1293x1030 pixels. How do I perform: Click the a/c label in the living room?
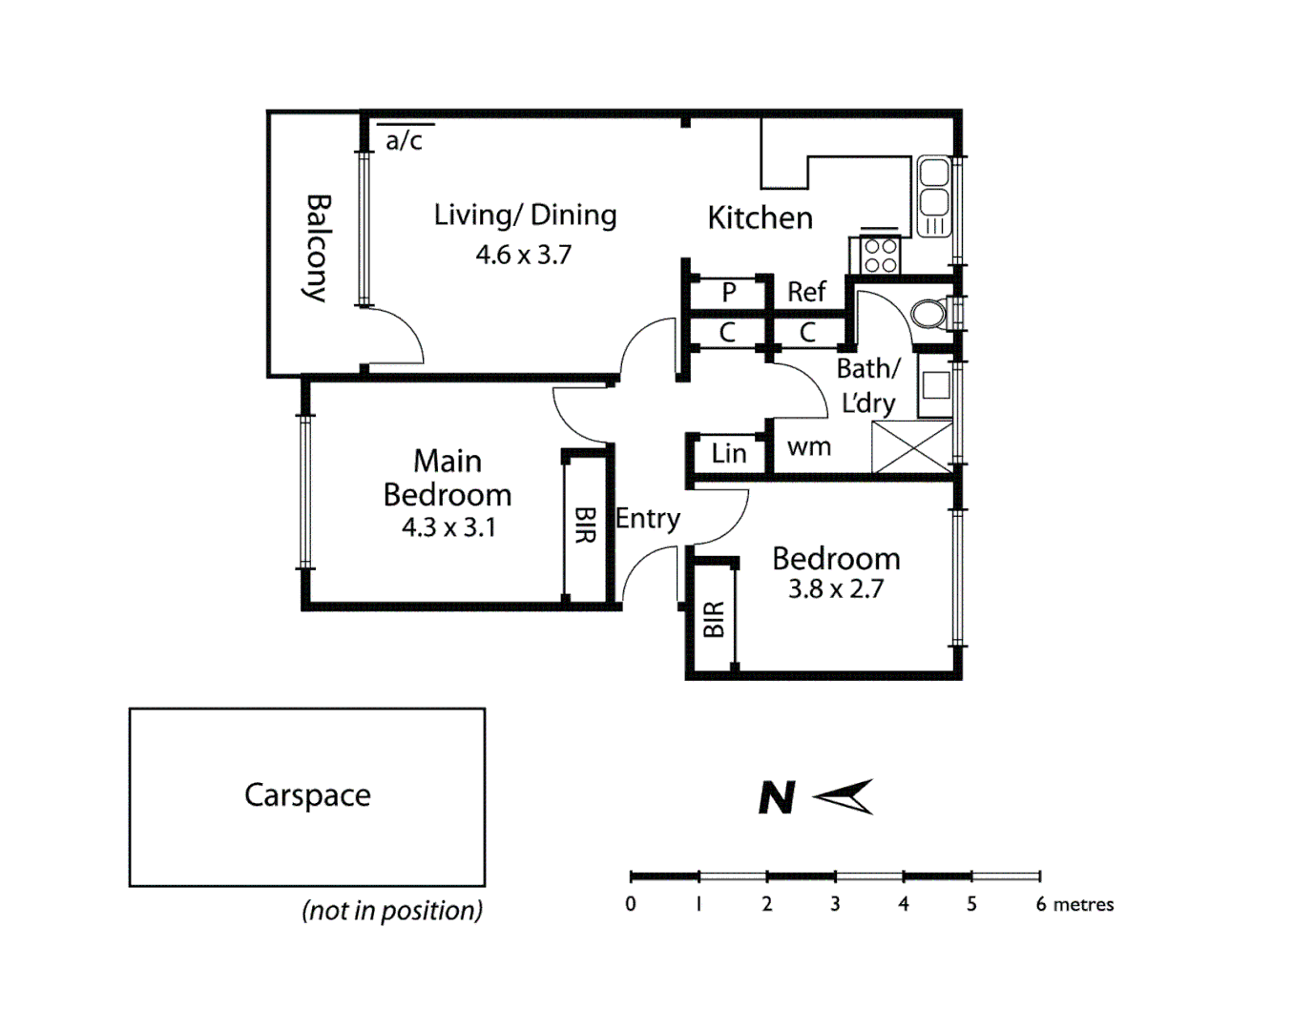404,141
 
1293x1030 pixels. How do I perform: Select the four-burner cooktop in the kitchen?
880,255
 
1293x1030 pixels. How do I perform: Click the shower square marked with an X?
911,447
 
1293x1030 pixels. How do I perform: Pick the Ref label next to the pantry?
806,292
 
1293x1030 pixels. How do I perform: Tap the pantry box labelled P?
728,292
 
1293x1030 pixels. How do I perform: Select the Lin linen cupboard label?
728,453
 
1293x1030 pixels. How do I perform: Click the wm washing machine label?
808,446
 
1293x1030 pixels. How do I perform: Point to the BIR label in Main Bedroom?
585,525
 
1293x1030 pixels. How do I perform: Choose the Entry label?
648,519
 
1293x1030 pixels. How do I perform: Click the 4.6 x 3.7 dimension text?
523,255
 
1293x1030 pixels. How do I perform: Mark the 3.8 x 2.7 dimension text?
835,589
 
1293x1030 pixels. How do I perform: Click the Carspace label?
307,795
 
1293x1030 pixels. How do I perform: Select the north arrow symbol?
844,796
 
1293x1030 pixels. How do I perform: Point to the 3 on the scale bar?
835,904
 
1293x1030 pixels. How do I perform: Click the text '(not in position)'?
392,911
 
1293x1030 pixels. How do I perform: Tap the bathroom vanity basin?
936,385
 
